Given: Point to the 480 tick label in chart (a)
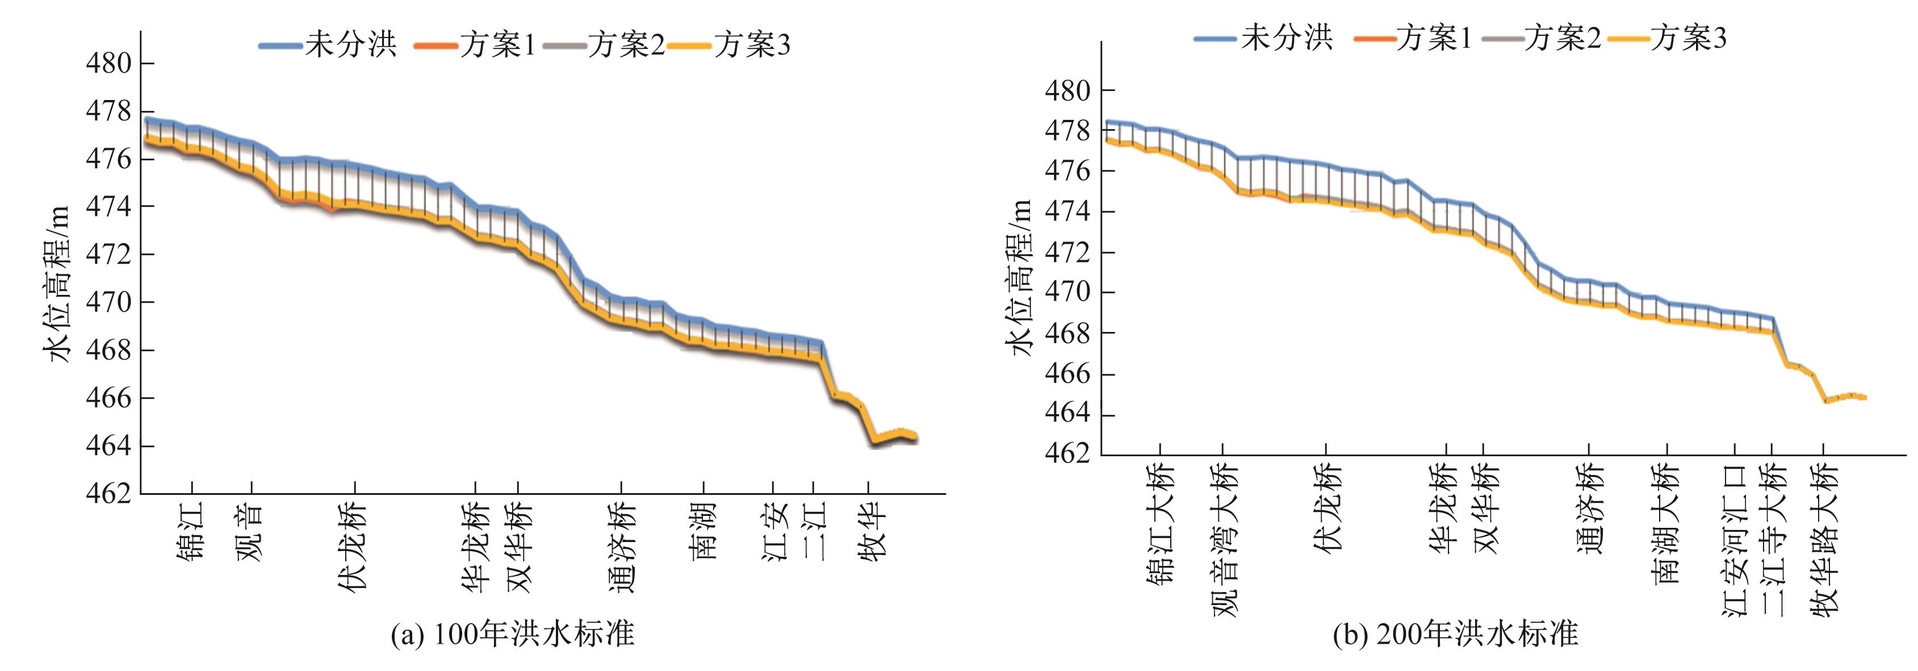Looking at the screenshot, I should (108, 63).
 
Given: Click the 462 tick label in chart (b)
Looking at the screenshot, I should (1067, 453).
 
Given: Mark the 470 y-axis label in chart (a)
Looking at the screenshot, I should (108, 302).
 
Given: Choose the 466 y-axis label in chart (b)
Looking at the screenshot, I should (1067, 373).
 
